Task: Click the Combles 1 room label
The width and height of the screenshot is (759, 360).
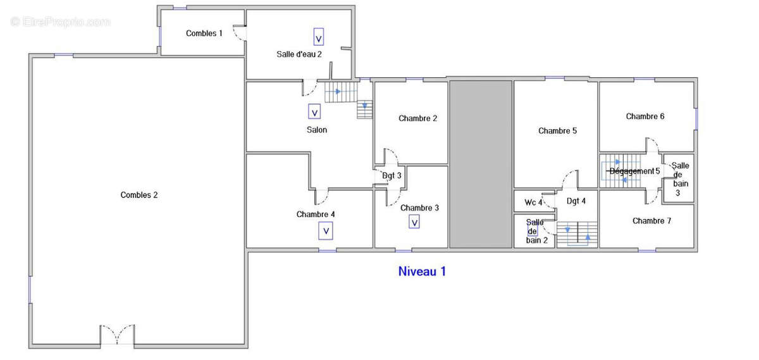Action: pos(204,33)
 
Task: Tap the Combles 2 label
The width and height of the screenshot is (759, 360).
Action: pos(139,195)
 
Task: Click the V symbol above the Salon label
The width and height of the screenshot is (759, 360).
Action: pos(314,112)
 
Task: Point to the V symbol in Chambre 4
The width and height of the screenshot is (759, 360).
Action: pos(326,232)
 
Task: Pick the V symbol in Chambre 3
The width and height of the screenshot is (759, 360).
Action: pos(414,222)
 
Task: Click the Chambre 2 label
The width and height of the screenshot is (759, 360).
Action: pos(417,118)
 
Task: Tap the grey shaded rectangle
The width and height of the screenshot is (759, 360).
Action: pos(480,164)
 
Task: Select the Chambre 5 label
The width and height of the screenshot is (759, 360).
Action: pos(557,131)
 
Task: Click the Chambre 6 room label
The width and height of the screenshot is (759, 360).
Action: pos(645,116)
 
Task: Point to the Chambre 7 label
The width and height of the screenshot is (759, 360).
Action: pos(651,221)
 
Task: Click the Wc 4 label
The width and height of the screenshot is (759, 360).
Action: pos(533,202)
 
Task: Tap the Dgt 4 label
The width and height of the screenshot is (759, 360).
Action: pos(576,201)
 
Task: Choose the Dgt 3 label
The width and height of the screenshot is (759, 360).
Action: pos(392,175)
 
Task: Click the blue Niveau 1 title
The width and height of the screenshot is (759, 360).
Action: pos(422,271)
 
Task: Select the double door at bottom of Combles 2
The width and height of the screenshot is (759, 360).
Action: pos(117,335)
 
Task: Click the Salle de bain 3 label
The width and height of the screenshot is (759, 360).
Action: pos(680,179)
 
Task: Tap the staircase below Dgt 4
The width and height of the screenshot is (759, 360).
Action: pos(577,233)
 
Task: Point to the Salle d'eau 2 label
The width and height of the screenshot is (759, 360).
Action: pos(299,54)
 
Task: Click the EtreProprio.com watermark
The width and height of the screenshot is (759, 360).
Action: pos(61,22)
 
